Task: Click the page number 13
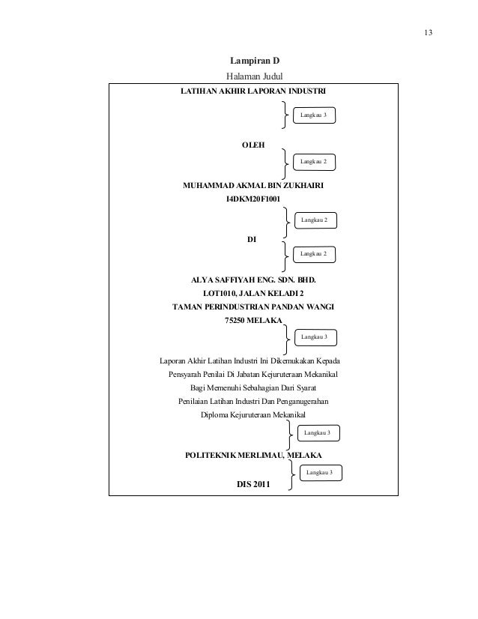(428, 33)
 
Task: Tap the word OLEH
(252, 145)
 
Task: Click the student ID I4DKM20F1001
(253, 199)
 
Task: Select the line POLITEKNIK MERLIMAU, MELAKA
(253, 455)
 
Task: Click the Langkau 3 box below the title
(314, 115)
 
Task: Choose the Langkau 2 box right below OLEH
(314, 161)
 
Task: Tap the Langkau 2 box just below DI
(314, 255)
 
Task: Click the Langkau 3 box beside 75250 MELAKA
(314, 337)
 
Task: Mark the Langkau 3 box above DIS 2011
(320, 473)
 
